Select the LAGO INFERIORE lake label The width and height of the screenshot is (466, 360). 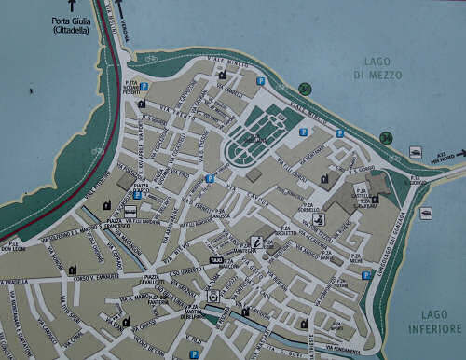pyautogui.click(x=435, y=323)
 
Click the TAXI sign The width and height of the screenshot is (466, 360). pyautogui.click(x=216, y=259)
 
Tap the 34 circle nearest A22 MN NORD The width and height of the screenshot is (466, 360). pyautogui.click(x=386, y=138)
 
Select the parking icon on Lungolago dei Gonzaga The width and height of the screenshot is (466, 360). pyautogui.click(x=366, y=275)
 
